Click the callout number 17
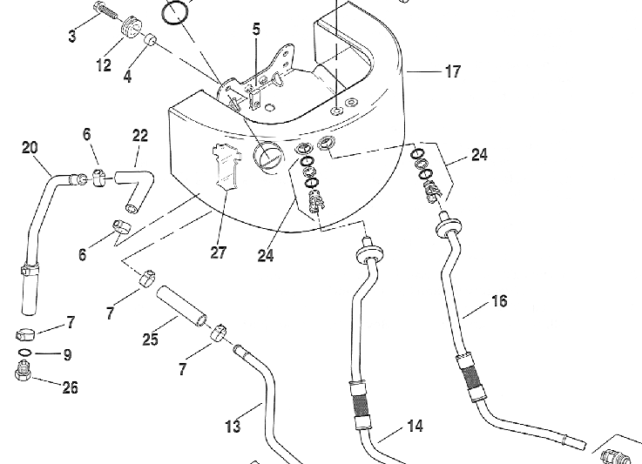[x=452, y=72]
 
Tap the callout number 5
[x=256, y=30]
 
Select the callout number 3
[x=72, y=36]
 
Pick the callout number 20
[x=30, y=147]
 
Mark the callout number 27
[x=218, y=252]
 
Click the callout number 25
[x=151, y=339]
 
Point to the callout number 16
[x=499, y=301]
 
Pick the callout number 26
[x=70, y=387]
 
